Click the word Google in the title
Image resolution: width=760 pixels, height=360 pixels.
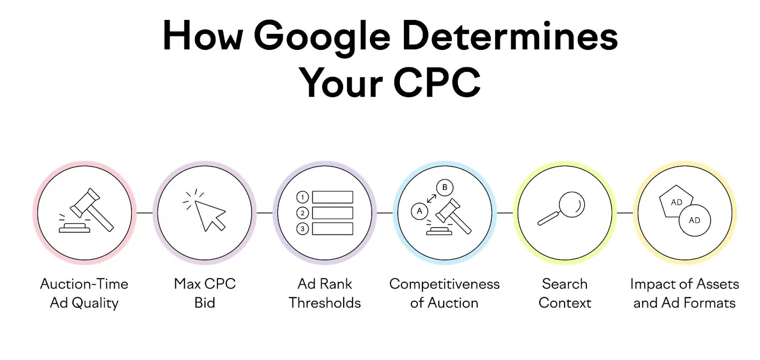point(322,37)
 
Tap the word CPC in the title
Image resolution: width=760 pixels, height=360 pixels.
point(437,82)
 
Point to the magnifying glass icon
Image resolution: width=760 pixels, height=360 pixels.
point(562,209)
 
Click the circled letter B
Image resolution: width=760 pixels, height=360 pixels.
point(444,187)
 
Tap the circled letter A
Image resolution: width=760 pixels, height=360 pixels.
point(419,211)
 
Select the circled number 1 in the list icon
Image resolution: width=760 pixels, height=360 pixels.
point(302,197)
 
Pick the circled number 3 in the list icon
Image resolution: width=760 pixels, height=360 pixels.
point(302,229)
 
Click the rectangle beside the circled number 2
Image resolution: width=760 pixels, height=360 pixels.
point(333,213)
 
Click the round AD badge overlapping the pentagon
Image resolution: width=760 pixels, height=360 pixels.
point(695,220)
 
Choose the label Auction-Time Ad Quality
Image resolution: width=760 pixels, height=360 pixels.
point(84,294)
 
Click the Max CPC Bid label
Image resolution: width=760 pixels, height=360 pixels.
point(204,294)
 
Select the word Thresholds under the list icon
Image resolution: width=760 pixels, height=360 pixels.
point(325,303)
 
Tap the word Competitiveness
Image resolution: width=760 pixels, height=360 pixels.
point(444,284)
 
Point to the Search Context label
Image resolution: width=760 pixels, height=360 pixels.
point(565,294)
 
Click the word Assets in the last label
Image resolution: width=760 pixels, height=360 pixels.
point(716,284)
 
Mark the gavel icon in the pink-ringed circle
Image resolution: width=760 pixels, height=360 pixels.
point(86,210)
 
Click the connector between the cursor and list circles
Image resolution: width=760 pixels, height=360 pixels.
point(265,213)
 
